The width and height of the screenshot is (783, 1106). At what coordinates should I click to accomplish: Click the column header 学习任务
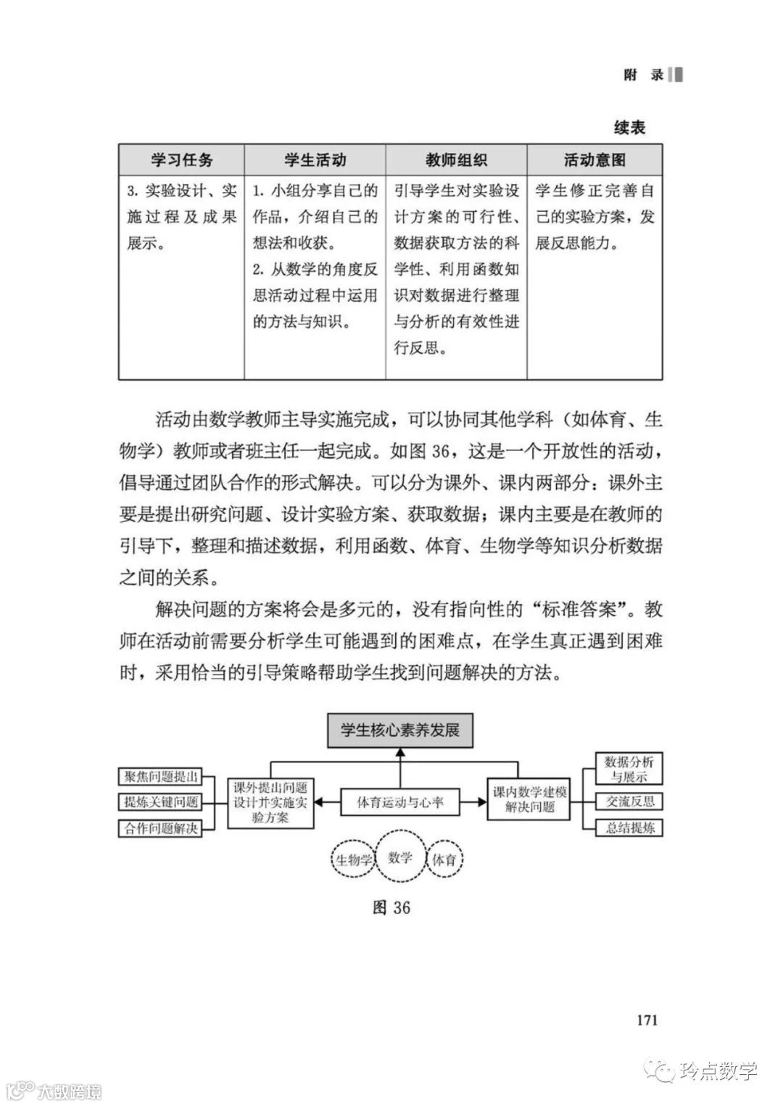pyautogui.click(x=181, y=160)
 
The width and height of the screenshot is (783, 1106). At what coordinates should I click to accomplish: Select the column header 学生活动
pyautogui.click(x=315, y=160)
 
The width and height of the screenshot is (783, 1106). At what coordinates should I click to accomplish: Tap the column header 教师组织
pyautogui.click(x=456, y=160)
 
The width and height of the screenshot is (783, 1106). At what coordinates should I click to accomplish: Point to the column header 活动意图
pyautogui.click(x=594, y=160)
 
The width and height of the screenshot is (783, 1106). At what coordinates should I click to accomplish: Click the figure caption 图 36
pyautogui.click(x=391, y=907)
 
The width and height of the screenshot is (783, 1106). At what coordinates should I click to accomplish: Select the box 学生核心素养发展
pyautogui.click(x=400, y=729)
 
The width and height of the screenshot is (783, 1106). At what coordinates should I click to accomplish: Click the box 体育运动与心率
pyautogui.click(x=400, y=803)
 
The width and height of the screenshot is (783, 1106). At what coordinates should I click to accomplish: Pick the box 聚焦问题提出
pyautogui.click(x=160, y=777)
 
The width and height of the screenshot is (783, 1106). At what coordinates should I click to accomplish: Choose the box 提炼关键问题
pyautogui.click(x=160, y=802)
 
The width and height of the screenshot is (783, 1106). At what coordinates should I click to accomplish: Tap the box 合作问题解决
pyautogui.click(x=160, y=828)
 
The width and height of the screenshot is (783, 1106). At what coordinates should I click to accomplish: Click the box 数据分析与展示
pyautogui.click(x=629, y=769)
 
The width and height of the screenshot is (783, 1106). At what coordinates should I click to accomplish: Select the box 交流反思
pyautogui.click(x=629, y=801)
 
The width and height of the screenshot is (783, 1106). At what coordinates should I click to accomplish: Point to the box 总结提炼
pyautogui.click(x=629, y=828)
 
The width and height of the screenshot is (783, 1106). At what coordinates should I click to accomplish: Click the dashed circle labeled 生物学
pyautogui.click(x=355, y=860)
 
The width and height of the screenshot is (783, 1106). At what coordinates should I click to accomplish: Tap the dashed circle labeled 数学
pyautogui.click(x=400, y=858)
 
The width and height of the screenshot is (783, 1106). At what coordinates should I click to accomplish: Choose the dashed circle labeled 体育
pyautogui.click(x=444, y=860)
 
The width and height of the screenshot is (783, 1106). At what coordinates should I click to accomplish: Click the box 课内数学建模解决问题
pyautogui.click(x=529, y=799)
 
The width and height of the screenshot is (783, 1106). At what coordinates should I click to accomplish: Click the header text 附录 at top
pyautogui.click(x=644, y=75)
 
